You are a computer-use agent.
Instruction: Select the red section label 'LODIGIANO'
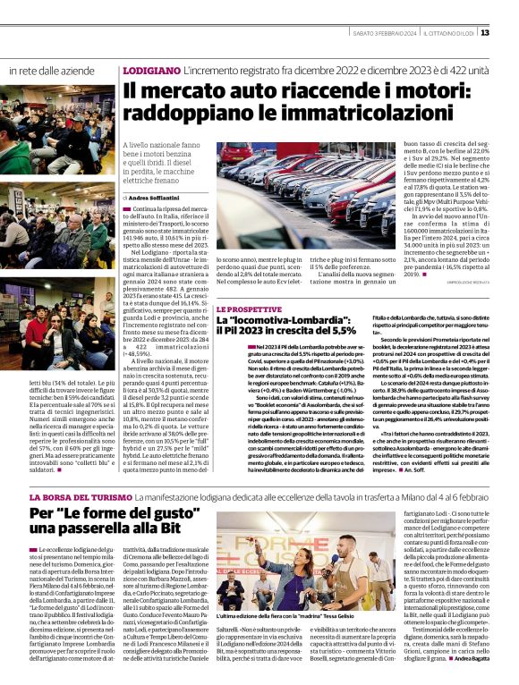151,70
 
